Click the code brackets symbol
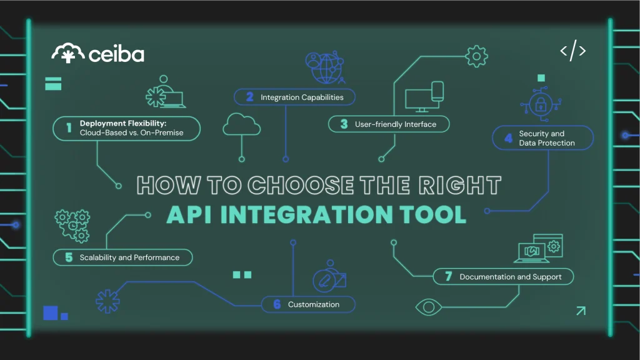click(x=572, y=51)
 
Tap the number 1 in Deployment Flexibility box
click(x=69, y=127)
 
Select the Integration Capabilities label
click(x=302, y=97)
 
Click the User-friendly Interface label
click(x=395, y=124)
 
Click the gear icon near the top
click(x=477, y=57)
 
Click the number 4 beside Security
click(x=508, y=137)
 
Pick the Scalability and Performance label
click(x=129, y=257)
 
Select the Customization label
click(x=314, y=304)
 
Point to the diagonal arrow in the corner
click(x=581, y=310)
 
